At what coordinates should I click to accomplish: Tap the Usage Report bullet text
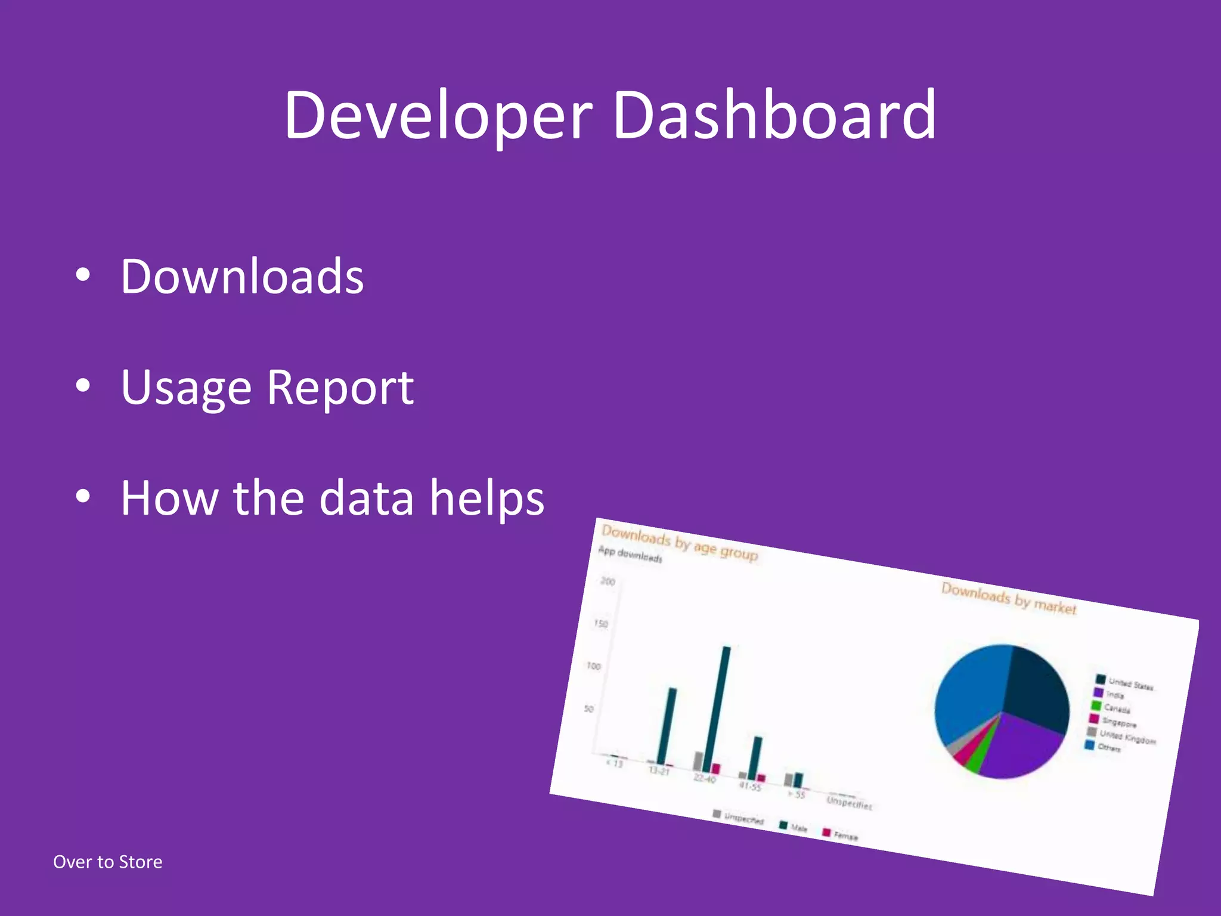pyautogui.click(x=267, y=388)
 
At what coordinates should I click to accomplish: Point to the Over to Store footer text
pyautogui.click(x=107, y=862)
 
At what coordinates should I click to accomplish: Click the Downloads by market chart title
pyautogui.click(x=1009, y=598)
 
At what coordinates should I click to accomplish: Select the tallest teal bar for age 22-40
pyautogui.click(x=717, y=710)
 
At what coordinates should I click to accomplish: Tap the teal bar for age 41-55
pyautogui.click(x=754, y=756)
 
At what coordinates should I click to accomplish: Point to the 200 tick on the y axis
pyautogui.click(x=608, y=581)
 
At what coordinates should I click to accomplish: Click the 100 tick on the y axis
pyautogui.click(x=594, y=666)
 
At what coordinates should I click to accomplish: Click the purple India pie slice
pyautogui.click(x=1022, y=745)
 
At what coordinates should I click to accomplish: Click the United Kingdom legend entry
pyautogui.click(x=1127, y=737)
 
